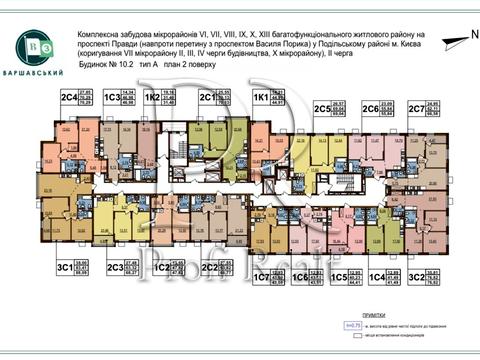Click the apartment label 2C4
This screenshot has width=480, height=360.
[69, 98]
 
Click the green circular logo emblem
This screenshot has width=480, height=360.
[37, 47]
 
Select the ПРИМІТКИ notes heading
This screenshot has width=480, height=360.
[402, 313]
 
